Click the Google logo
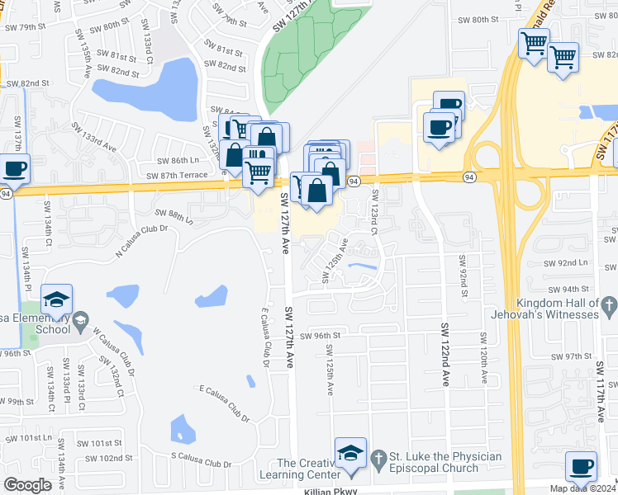tap(27, 485)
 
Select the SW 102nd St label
tap(108, 458)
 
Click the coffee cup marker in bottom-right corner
tap(581, 466)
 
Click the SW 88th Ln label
tap(173, 215)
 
